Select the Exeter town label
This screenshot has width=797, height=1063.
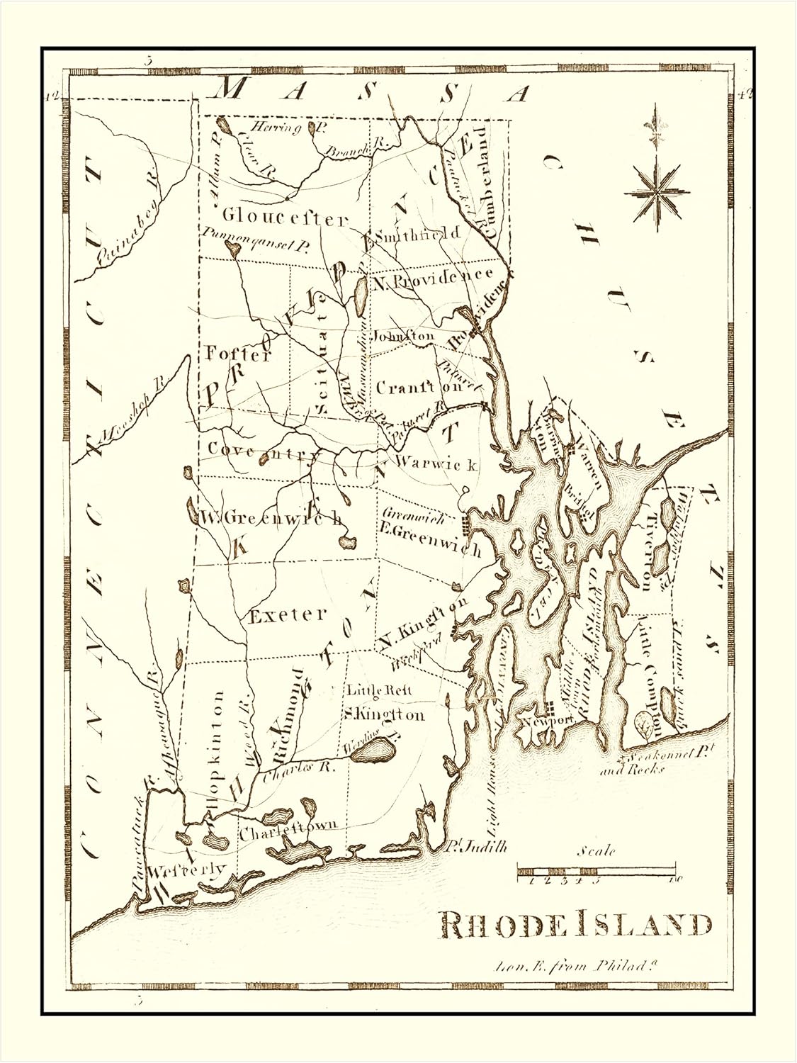point(288,614)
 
